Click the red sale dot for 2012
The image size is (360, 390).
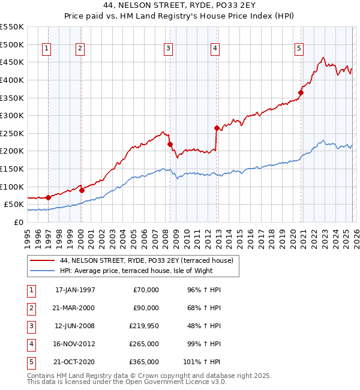[217, 128]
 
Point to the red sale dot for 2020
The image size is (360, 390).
[301, 92]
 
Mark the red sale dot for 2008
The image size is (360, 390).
[170, 144]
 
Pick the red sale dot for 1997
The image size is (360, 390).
[48, 197]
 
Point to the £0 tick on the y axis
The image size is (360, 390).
[18, 222]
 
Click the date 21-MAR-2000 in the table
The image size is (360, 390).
[75, 308]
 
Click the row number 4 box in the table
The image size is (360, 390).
[31, 344]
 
